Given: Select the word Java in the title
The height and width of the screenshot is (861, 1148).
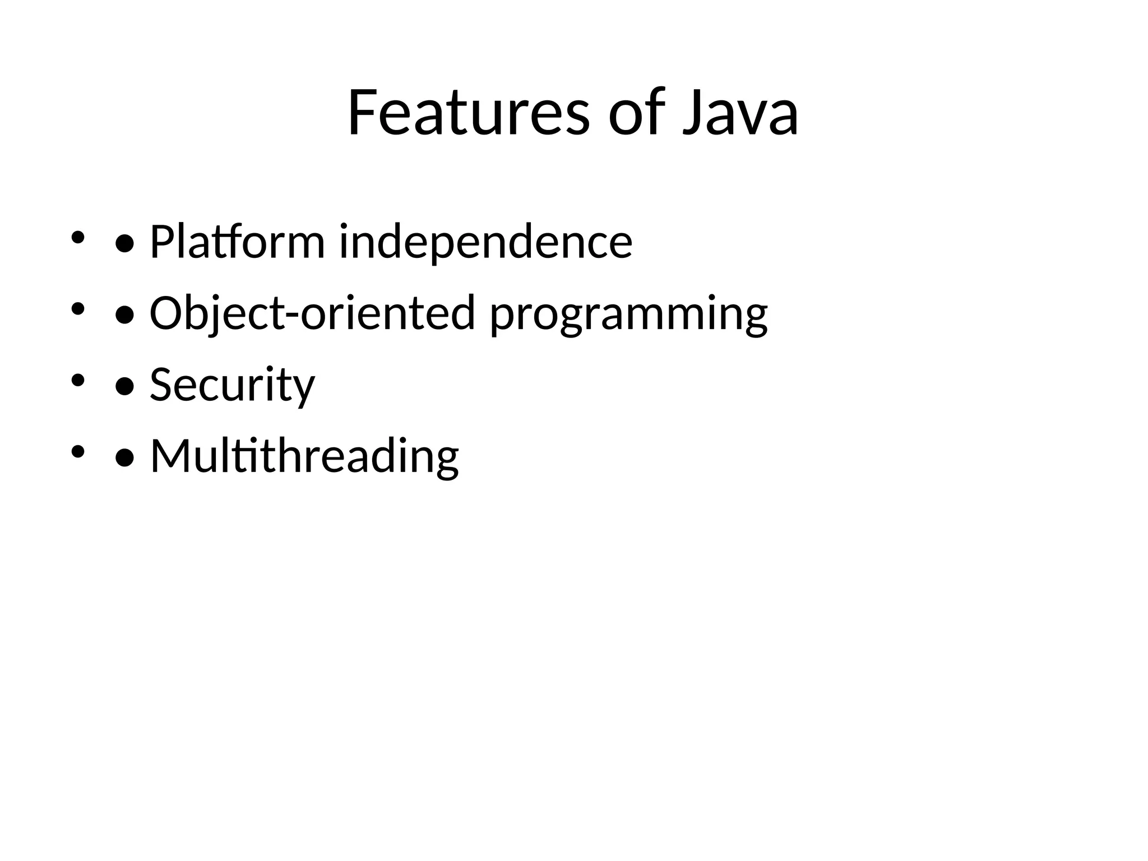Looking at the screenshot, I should (x=740, y=113).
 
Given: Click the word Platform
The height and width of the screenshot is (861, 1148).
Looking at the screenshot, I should (x=237, y=242).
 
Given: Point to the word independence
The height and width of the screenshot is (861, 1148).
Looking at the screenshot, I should (x=485, y=242).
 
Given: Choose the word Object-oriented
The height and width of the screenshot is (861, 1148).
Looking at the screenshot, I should (x=312, y=313).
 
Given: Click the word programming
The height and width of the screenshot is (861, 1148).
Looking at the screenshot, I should (x=628, y=315).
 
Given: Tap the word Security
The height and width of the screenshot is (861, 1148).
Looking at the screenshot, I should (x=232, y=385).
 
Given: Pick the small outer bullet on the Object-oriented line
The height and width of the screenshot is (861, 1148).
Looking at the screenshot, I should (x=77, y=308).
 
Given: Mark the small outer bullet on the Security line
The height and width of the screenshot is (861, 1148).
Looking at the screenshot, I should (x=77, y=379).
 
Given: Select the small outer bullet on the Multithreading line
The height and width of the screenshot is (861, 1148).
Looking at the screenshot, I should (x=77, y=450).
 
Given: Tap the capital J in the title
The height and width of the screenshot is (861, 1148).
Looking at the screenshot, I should (x=693, y=114).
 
